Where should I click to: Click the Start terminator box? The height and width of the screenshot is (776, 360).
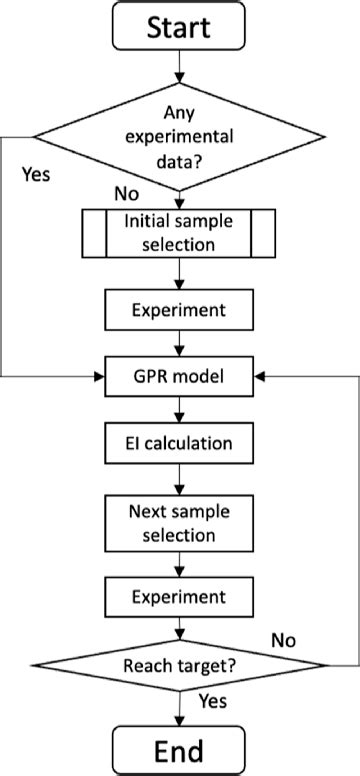coord(180,27)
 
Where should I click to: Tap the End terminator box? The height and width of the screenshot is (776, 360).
coord(180,750)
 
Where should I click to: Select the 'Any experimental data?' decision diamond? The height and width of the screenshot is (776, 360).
coord(180,137)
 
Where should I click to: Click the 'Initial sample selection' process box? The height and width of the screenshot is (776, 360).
coord(180,232)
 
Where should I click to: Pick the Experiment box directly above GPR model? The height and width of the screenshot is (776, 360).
coord(180,311)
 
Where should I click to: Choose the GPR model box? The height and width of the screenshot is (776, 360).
coord(180,378)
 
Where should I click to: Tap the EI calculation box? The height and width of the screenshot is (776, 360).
coord(180,443)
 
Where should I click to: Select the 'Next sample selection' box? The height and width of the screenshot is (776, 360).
coord(180,522)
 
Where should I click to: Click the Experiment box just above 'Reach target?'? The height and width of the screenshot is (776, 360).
coord(180,599)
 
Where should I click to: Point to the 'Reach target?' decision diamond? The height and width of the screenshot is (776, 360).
coord(180,665)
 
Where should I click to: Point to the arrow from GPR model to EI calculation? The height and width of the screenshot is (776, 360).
coord(180,410)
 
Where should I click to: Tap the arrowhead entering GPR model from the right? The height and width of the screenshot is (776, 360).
coord(260,378)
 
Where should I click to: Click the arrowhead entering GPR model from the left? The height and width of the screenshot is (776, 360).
coord(100,378)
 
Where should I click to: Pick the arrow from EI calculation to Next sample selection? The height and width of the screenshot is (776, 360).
coord(180,478)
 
